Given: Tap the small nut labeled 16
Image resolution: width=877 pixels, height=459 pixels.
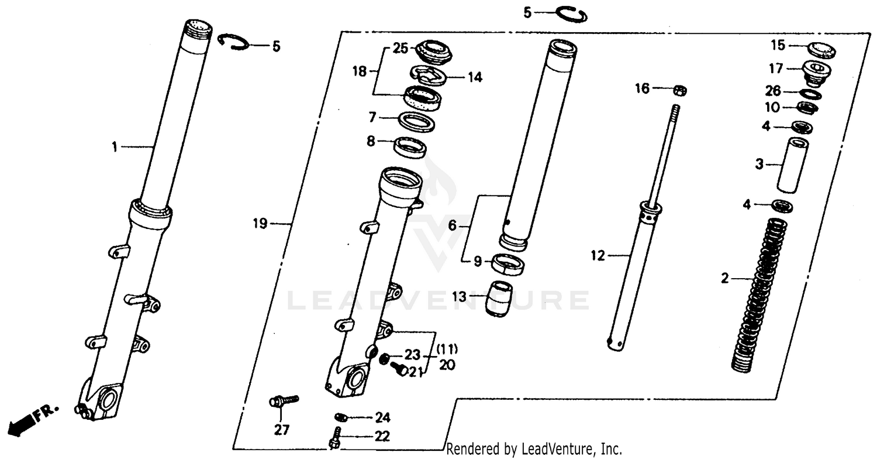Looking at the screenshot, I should pos(679,90).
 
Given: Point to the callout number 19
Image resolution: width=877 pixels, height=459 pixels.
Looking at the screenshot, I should pos(260,223).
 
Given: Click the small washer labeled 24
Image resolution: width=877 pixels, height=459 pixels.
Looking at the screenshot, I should pos(341,417).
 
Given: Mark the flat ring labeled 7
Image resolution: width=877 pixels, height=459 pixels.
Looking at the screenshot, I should pos(416,122).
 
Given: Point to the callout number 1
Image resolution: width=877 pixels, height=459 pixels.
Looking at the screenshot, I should pos(115,148).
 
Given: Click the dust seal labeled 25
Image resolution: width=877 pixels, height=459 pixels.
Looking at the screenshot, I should pos(433,50).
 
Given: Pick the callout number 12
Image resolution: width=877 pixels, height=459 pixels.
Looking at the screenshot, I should pos(599,255).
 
